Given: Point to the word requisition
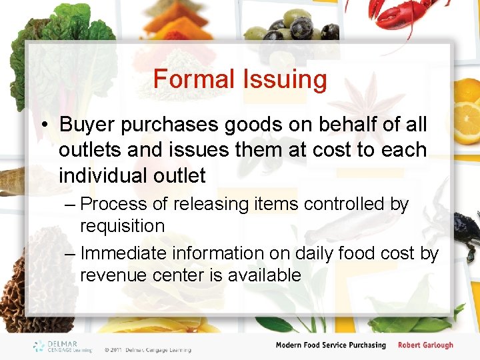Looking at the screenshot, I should click(122, 226).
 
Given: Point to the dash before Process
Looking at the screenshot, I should click(69, 204).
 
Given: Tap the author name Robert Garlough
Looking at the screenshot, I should click(425, 345).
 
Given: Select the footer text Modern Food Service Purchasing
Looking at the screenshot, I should click(331, 345).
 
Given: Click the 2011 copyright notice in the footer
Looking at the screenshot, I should click(147, 349).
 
